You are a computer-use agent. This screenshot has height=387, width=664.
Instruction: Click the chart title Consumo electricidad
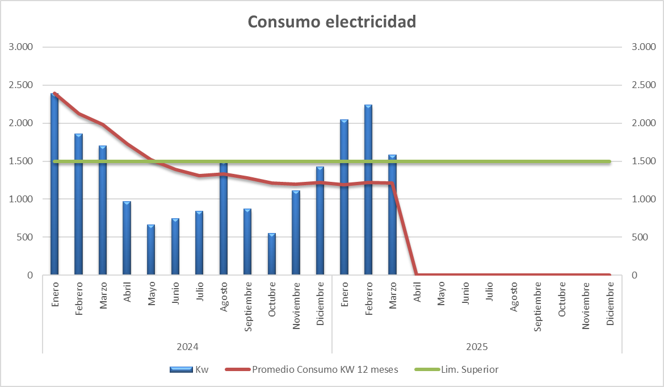coord(332,22)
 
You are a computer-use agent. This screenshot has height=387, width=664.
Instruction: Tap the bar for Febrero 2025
coord(368,190)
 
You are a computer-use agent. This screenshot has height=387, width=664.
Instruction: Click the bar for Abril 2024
coord(127,239)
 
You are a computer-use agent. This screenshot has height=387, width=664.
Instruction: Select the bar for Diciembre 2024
coord(320,222)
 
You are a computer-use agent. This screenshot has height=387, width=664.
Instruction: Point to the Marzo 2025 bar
coord(393,216)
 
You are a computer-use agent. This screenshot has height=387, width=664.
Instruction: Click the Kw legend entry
coord(190,369)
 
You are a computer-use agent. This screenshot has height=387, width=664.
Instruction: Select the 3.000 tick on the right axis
coord(644,47)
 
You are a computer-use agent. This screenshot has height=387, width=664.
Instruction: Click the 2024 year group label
coord(187,346)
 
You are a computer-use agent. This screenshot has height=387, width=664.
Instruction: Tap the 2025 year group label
coord(477,346)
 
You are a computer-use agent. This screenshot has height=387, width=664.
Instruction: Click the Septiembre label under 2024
coord(248,306)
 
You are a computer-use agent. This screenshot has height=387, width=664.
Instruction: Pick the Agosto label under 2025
coord(514,297)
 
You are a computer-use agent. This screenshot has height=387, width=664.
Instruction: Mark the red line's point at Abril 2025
coord(417,275)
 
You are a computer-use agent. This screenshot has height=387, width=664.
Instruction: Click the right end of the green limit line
coord(609,161)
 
